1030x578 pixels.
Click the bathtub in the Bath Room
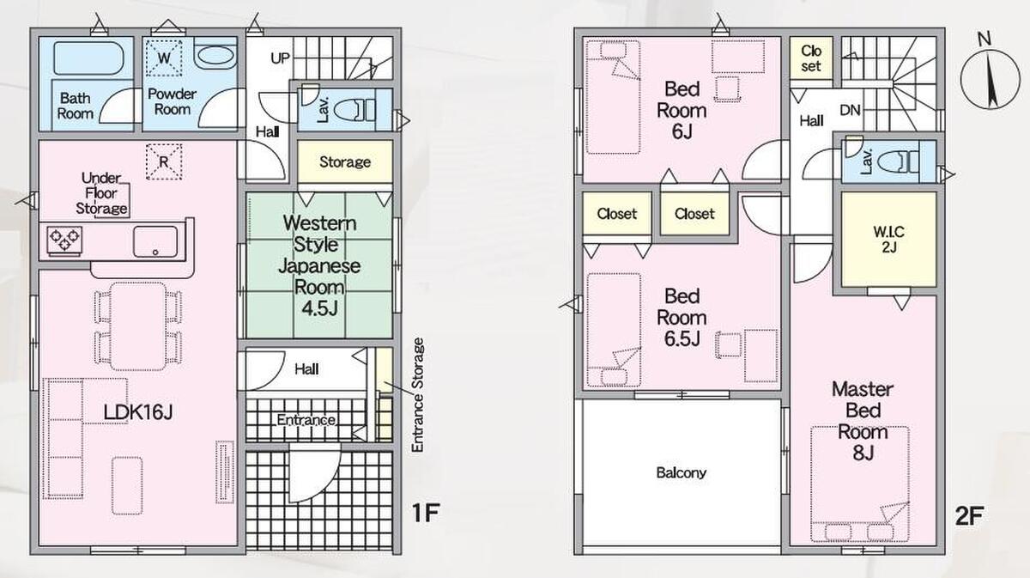[x=88, y=58]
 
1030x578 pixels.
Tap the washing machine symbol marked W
[x=164, y=58]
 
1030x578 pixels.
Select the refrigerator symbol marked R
[x=164, y=162]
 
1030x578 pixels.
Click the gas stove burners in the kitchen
[x=65, y=240]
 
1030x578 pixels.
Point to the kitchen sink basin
[x=155, y=241]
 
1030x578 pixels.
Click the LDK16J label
[x=138, y=412]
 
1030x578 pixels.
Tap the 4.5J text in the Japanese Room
[x=319, y=308]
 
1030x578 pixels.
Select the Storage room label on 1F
[x=345, y=162]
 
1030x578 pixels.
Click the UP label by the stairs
[x=280, y=58]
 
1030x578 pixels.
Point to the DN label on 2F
[x=851, y=111]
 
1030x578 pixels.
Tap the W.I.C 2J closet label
[x=889, y=240]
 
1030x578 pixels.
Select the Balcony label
[x=681, y=472]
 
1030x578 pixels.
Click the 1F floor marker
[x=426, y=513]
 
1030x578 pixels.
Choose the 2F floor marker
[x=969, y=516]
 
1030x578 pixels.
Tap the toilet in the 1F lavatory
[x=354, y=111]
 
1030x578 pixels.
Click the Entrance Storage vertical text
[x=417, y=395]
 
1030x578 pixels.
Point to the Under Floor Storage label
[x=101, y=193]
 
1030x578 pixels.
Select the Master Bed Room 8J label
[x=863, y=422]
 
